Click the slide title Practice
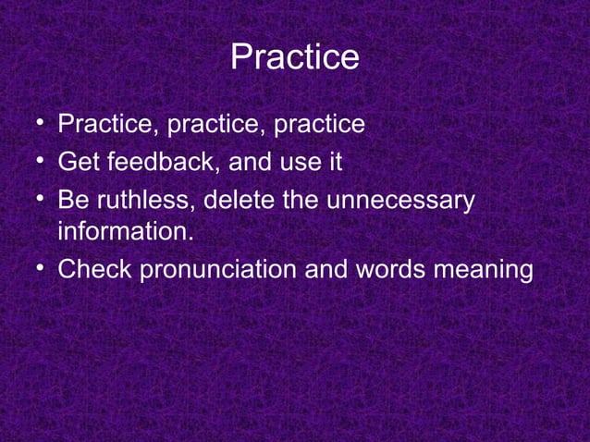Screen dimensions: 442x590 coord(294,57)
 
